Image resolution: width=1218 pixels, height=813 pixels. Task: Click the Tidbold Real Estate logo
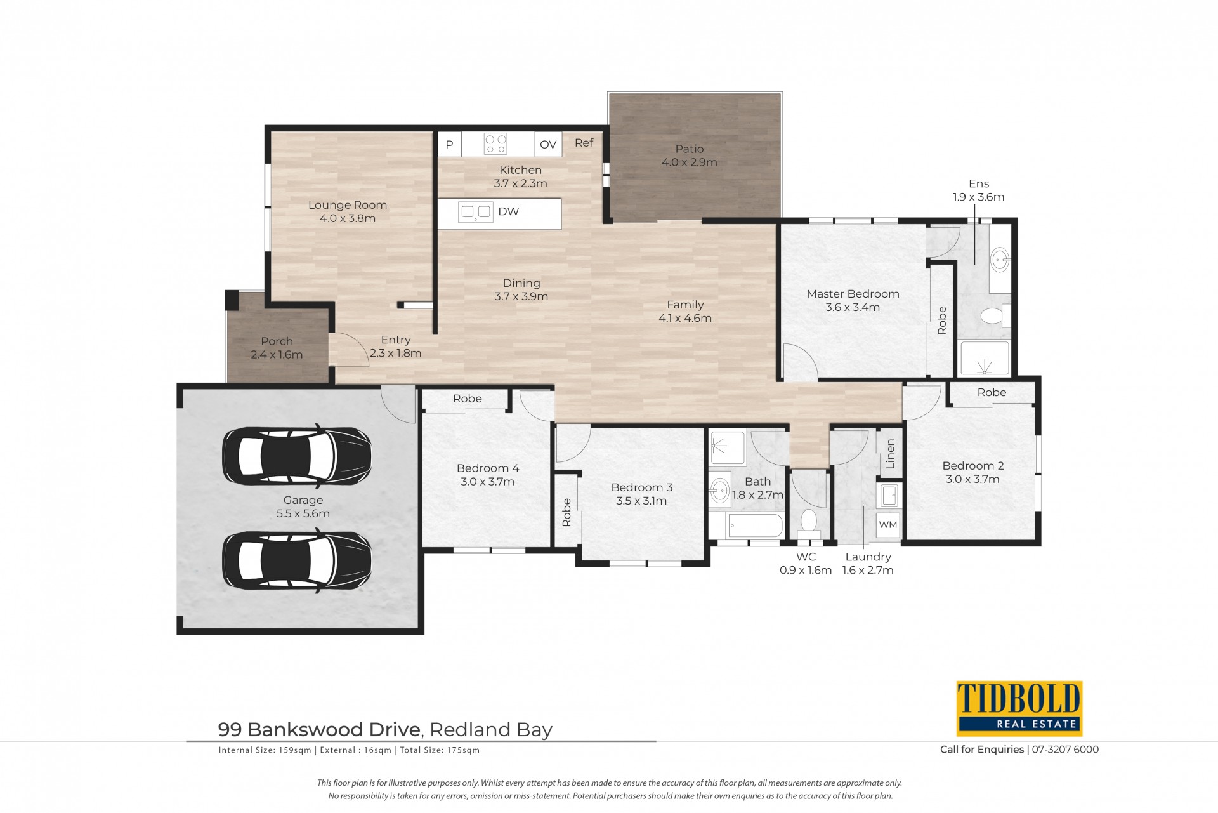[x=1019, y=708]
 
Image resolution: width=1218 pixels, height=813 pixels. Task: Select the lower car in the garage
[x=297, y=560]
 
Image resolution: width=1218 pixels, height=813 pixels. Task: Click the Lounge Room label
[x=348, y=205]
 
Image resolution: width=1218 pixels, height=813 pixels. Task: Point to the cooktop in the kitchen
[x=495, y=143]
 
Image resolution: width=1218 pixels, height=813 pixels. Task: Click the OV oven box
[x=548, y=144]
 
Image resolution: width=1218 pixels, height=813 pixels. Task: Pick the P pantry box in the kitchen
[x=449, y=144]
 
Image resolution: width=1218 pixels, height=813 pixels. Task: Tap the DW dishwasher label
[x=509, y=211]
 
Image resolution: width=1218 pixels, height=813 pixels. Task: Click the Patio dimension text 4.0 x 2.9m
[x=690, y=162]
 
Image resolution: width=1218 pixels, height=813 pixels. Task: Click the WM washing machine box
[x=888, y=525]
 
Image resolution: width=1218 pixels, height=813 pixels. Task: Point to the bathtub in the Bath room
[x=747, y=525]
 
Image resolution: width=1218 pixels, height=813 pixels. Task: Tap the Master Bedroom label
[x=853, y=294]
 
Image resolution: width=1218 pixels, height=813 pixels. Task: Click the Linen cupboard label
[x=890, y=454]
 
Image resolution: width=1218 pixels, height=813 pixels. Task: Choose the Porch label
[x=277, y=341]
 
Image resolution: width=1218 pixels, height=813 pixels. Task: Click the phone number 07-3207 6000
[x=1065, y=750]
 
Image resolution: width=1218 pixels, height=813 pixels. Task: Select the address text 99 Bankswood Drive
[x=319, y=730]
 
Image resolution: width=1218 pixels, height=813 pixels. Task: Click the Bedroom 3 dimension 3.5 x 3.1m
[x=641, y=501]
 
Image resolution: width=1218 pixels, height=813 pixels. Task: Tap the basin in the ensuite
[x=999, y=259]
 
